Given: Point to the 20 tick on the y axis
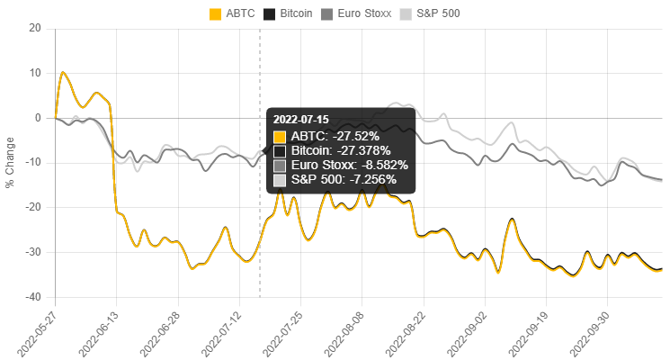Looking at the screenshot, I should coord(36,27).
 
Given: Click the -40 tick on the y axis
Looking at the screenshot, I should coord(34,297).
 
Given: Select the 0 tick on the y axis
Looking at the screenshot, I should coord(39,117).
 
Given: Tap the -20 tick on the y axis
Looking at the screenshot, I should coord(34,207).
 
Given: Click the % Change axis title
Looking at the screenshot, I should coord(10,162).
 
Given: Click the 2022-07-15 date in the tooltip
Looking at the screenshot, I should coord(300,119).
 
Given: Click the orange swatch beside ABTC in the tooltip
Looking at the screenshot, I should coord(280,136).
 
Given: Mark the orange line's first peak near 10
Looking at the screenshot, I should coord(62,72).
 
